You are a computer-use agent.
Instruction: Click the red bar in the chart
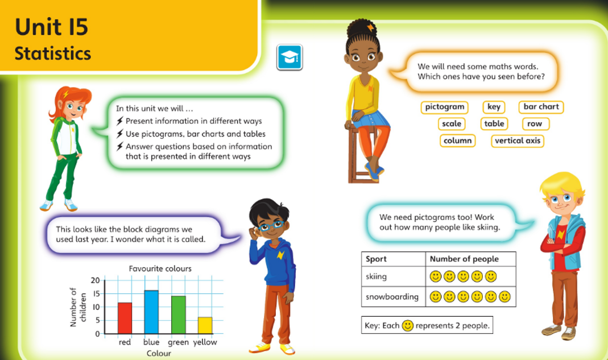(125, 318)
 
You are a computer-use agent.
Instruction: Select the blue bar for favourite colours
(151, 312)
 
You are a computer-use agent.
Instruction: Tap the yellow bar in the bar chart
(205, 325)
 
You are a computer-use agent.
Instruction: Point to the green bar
(179, 315)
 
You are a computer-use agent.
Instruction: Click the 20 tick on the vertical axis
(95, 280)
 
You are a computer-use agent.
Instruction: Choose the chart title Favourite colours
(160, 268)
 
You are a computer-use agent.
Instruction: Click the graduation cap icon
(289, 57)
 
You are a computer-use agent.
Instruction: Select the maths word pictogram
(444, 107)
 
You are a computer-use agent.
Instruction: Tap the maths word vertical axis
(517, 141)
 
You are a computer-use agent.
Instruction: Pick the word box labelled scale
(452, 124)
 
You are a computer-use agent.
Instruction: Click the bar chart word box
(541, 107)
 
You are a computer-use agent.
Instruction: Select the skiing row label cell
(393, 276)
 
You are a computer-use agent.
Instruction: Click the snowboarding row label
(392, 297)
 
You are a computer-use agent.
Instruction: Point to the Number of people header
(464, 259)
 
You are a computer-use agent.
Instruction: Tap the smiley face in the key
(408, 325)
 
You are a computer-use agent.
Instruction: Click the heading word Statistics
(53, 53)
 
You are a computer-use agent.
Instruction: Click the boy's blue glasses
(271, 226)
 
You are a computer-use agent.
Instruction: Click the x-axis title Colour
(159, 353)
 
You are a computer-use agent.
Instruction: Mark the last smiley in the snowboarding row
(504, 297)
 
